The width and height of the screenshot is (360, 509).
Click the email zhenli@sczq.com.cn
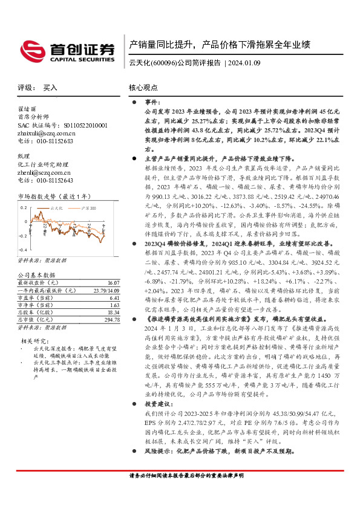click(44, 172)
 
